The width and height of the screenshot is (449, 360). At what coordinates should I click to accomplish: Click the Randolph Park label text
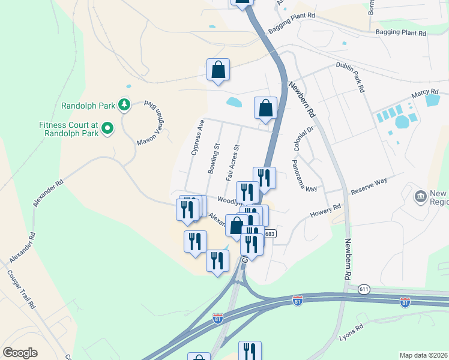88,106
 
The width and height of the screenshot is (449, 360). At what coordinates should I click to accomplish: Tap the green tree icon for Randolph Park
124,105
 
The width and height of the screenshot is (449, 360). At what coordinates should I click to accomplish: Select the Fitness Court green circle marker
107,127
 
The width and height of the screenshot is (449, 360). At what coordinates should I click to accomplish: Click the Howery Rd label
325,211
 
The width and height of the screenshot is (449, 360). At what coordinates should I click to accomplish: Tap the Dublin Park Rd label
350,77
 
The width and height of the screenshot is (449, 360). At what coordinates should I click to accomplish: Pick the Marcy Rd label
425,94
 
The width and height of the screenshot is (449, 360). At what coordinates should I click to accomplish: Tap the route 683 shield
270,233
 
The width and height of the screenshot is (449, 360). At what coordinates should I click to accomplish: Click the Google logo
20,352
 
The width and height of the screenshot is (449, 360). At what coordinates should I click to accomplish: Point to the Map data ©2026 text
423,355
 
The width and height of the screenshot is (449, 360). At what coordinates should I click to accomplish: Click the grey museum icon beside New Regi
420,196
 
